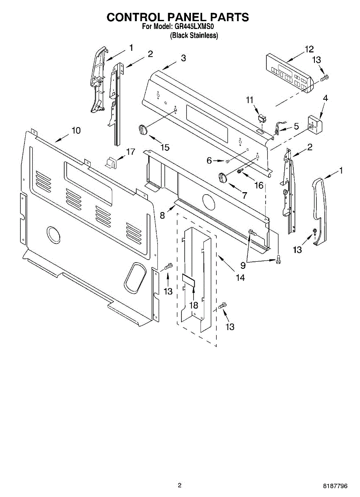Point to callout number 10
pos(75,130)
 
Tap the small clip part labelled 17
pos(111,162)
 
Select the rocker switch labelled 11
pos(261,119)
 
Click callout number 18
pos(193,305)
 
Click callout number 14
pos(240,277)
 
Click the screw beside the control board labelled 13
pos(325,77)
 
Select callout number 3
pos(183,58)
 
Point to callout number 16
pos(259,185)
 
